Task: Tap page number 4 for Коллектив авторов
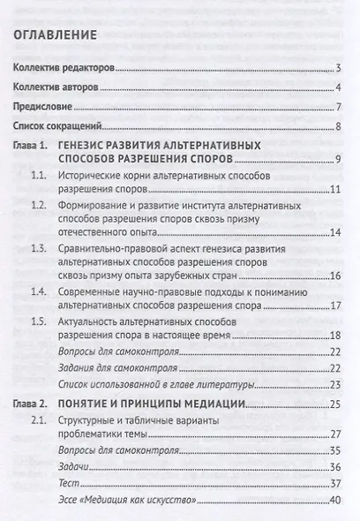(x=338, y=88)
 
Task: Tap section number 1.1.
(x=39, y=176)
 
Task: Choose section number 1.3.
(x=39, y=251)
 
